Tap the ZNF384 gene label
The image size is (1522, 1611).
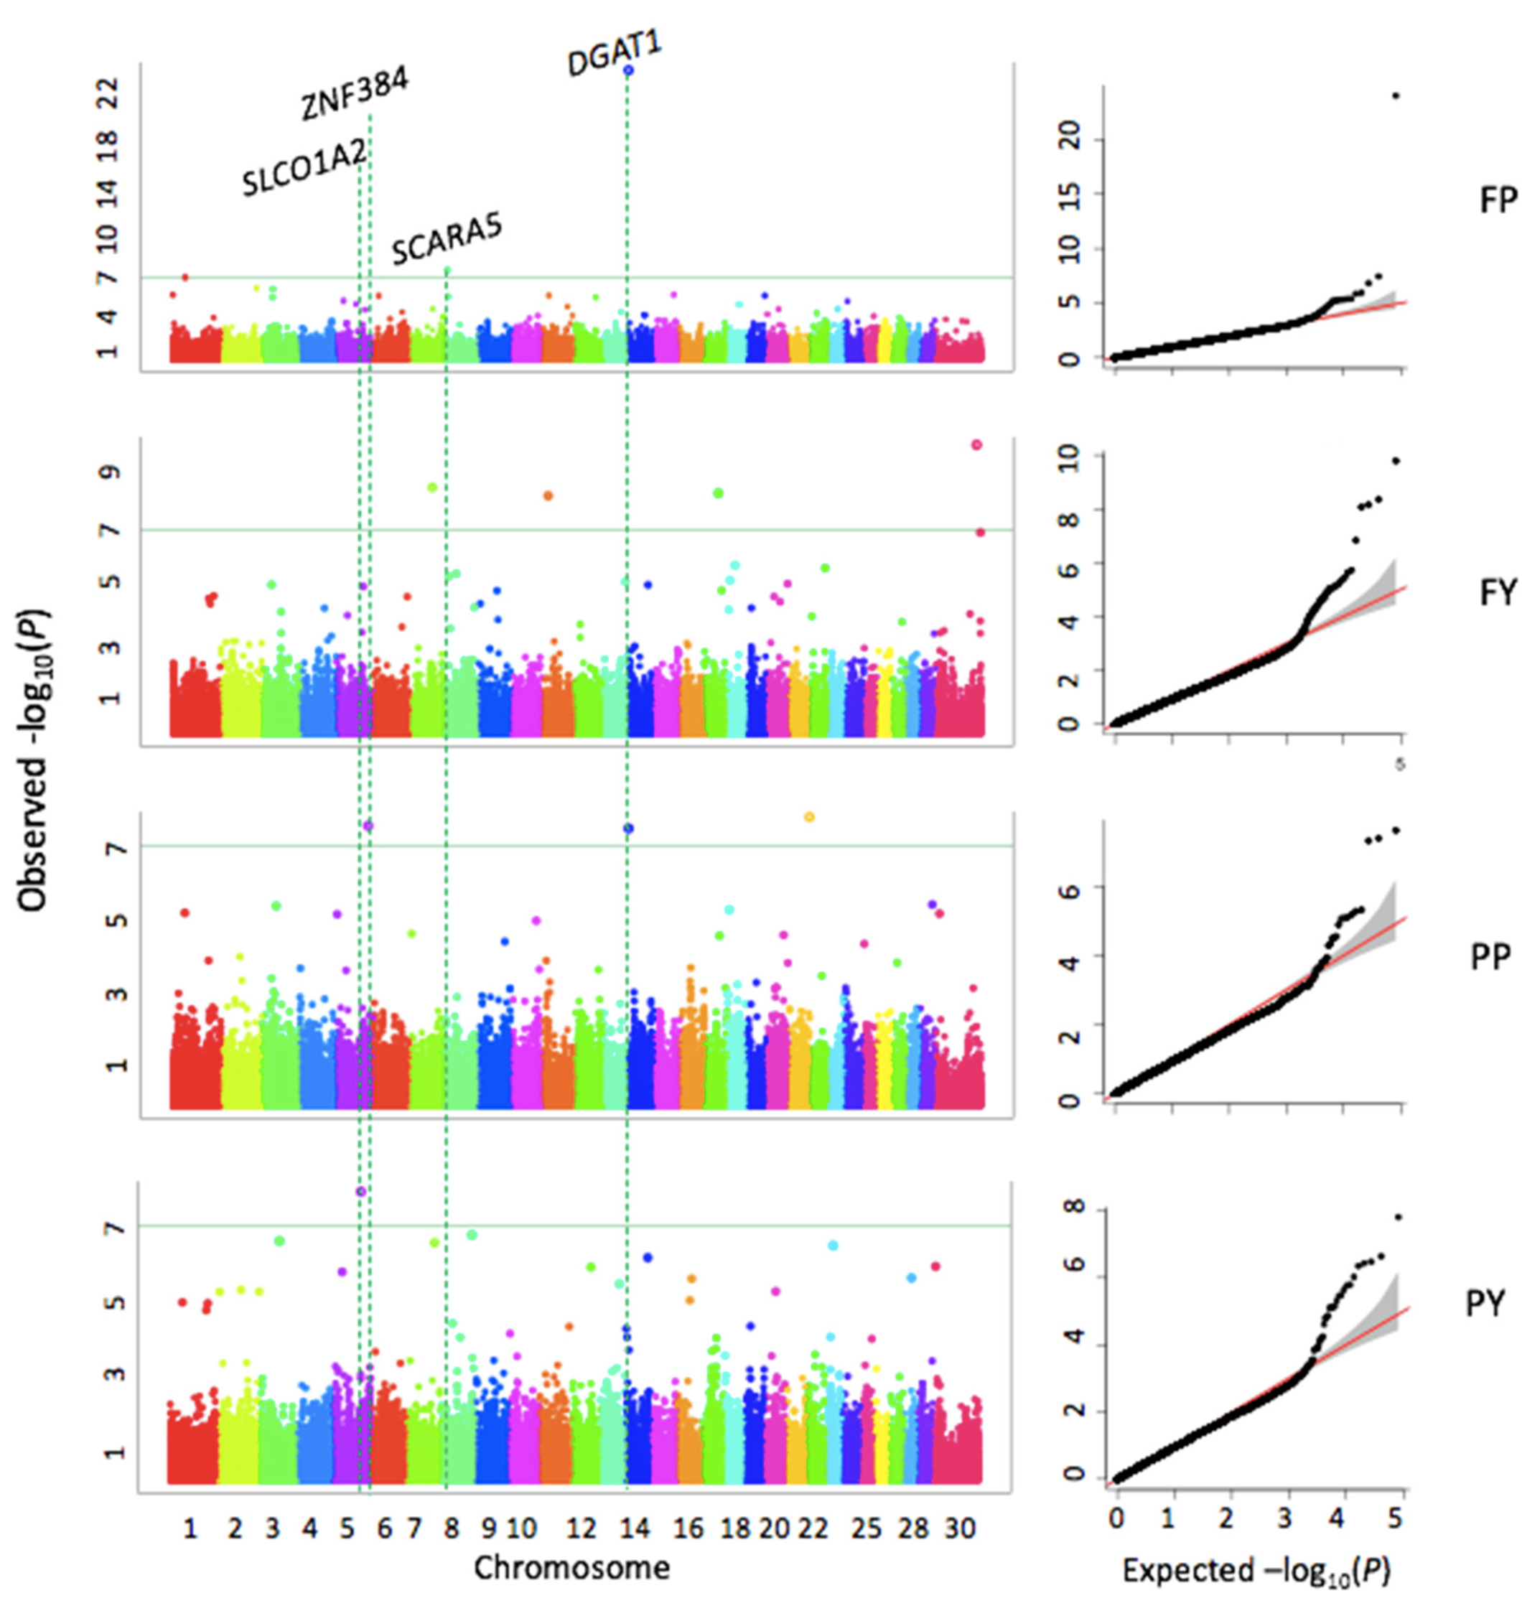pos(355,94)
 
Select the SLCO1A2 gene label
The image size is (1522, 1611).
pos(305,167)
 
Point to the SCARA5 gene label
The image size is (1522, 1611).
pos(447,239)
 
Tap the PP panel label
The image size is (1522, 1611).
pos(1490,957)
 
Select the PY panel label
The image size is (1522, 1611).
pos(1485,1304)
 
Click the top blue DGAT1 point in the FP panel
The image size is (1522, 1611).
pos(628,70)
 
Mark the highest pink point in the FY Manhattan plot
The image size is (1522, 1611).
pos(977,444)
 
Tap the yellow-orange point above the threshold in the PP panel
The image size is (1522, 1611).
pos(809,817)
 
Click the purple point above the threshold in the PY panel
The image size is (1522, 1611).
pos(361,1192)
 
